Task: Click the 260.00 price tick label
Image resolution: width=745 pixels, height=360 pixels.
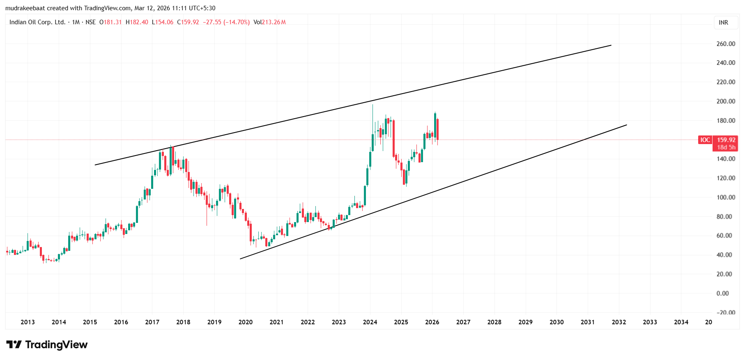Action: (725, 44)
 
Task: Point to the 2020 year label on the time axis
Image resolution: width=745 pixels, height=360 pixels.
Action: (246, 322)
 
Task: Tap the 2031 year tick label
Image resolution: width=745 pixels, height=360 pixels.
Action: (587, 322)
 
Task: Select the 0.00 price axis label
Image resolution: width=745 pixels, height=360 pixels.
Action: (722, 294)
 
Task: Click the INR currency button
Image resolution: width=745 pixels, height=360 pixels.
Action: (723, 23)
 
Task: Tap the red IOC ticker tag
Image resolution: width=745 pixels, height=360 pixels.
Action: (705, 140)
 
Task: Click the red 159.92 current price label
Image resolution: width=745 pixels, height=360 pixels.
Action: (726, 140)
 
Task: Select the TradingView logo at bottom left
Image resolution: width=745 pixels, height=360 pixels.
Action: (47, 344)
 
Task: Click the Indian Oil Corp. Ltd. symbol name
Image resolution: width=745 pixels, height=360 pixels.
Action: (37, 22)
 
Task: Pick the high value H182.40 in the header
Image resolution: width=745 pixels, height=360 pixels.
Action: (137, 22)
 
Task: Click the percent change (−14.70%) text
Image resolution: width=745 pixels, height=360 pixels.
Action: (237, 22)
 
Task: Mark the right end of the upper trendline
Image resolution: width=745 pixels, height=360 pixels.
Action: (611, 45)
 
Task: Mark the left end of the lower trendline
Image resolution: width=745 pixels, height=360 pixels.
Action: (240, 259)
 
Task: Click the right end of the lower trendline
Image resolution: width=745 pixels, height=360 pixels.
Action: (627, 125)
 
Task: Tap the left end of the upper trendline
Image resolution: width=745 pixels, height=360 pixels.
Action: (95, 165)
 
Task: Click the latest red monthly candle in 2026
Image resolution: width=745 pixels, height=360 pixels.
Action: (438, 129)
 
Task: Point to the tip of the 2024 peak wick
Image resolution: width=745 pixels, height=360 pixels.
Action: (372, 105)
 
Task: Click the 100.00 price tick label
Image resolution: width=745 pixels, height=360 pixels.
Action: (725, 197)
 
